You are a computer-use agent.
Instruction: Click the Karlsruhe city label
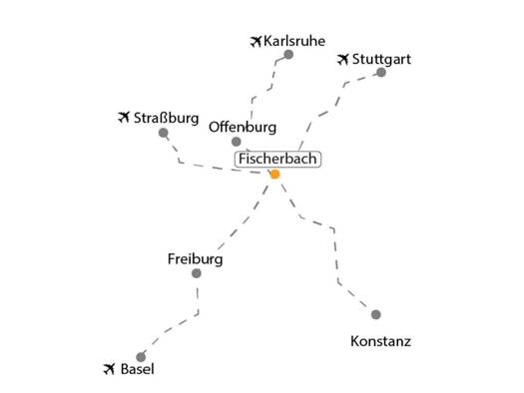pos(294,41)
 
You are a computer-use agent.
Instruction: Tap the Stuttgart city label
pos(381,60)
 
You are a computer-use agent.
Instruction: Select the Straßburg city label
pos(166,118)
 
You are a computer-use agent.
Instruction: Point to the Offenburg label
pos(243,128)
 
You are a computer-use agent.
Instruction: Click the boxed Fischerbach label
pos(277,159)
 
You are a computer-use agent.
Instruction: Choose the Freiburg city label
pos(196,259)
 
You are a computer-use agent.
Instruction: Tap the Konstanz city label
pos(380,341)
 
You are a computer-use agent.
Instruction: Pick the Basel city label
pos(138,369)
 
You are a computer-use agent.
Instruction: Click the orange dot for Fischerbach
pos(274,175)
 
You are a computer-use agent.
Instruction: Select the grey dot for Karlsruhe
pos(288,55)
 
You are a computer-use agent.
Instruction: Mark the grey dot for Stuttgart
pos(381,73)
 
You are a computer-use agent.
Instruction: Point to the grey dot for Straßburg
pos(163,133)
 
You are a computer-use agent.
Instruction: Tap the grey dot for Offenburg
pos(237,142)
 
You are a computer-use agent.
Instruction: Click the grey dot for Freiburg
pos(197,273)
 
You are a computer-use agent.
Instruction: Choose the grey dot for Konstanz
pos(376,314)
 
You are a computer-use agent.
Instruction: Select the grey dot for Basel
pos(141,357)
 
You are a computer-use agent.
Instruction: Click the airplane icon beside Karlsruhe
pos(256,42)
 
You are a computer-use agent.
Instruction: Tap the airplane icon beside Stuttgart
pos(343,60)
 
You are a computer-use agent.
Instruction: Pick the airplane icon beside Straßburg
pos(124,117)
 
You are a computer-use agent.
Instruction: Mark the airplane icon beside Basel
pos(109,369)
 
